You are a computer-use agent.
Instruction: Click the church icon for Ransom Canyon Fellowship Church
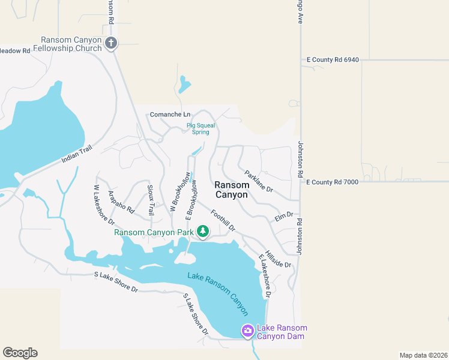110,43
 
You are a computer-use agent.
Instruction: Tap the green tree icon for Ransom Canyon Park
203,231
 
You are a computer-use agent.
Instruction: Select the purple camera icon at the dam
247,331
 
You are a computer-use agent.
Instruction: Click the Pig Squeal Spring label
197,129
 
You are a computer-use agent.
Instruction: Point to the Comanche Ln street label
170,114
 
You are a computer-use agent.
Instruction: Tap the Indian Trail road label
76,154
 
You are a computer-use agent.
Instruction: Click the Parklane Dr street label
259,181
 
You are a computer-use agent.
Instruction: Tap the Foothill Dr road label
223,220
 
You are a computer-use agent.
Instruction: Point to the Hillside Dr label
278,259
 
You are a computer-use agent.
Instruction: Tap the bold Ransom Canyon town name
232,190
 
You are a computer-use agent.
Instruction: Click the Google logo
20,353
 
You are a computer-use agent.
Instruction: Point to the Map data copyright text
423,355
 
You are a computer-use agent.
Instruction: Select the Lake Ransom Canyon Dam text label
282,332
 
